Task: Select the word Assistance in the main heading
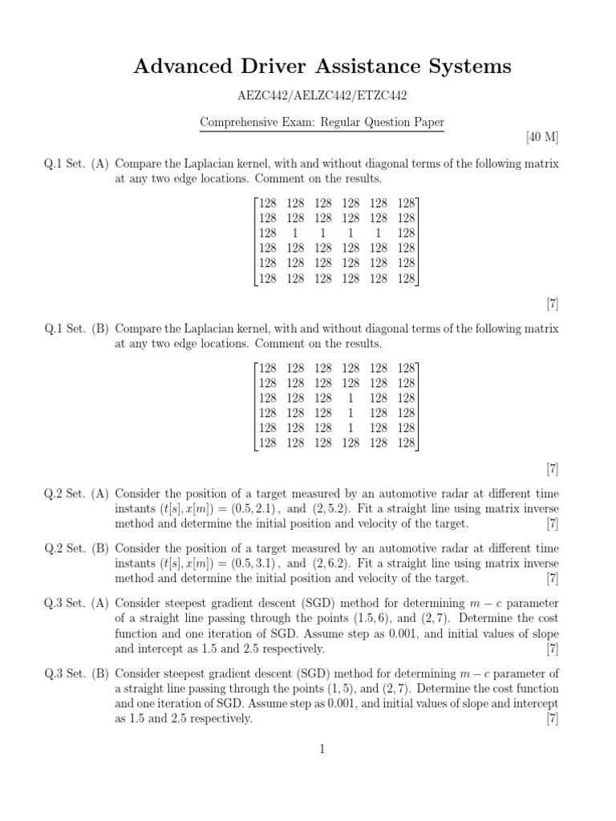(x=351, y=67)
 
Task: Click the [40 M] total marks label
(x=542, y=137)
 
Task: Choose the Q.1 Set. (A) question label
(x=77, y=164)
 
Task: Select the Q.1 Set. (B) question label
(x=77, y=329)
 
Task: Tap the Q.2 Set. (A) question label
(x=77, y=493)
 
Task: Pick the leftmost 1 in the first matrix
(x=296, y=232)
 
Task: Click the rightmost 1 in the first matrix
(x=378, y=232)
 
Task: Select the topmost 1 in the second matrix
(x=351, y=397)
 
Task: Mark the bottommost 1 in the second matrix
(x=351, y=427)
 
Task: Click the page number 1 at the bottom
(x=322, y=750)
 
